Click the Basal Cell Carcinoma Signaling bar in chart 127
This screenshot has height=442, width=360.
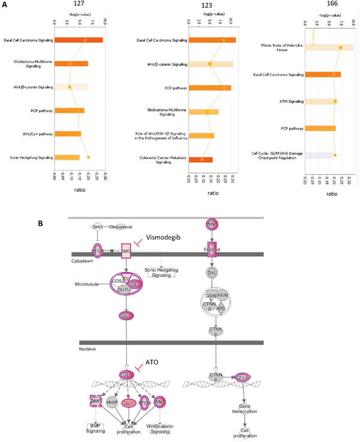click(79, 40)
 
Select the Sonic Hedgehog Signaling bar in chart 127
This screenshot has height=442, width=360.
click(67, 157)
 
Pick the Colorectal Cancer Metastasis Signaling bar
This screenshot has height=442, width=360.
click(200, 159)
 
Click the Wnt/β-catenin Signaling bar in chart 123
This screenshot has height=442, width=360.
click(211, 64)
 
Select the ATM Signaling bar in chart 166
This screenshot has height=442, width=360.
click(320, 101)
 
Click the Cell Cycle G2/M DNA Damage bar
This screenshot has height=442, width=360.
click(319, 155)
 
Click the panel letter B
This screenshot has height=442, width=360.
click(40, 223)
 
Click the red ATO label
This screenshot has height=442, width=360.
click(151, 364)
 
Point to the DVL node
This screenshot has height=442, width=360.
click(211, 273)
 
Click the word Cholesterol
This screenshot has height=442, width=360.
click(121, 226)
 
